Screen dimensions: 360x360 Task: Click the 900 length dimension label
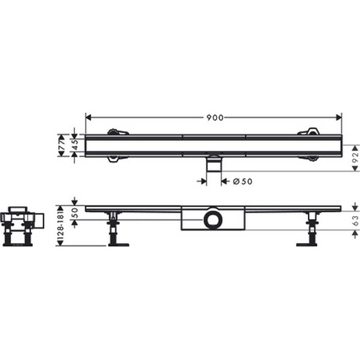coord(215,118)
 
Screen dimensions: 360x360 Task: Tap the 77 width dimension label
coord(62,145)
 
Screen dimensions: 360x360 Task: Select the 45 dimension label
coord(75,145)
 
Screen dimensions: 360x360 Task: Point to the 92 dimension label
coord(355,158)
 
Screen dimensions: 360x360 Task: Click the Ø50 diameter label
coord(242,182)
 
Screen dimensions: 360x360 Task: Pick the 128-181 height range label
coord(60,226)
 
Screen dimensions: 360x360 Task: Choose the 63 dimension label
coord(355,220)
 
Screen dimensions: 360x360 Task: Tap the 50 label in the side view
coord(75,213)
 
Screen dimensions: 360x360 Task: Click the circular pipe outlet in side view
coord(213,220)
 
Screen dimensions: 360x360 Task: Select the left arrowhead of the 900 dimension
coord(88,118)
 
